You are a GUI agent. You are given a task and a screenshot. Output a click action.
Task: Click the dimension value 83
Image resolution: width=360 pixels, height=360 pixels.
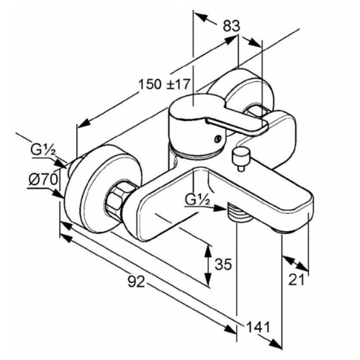tap(231, 26)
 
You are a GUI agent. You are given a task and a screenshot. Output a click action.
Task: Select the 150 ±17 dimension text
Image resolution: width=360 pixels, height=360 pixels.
tap(164, 84)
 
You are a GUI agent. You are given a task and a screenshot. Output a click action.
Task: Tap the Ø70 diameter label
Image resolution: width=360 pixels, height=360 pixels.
tap(43, 179)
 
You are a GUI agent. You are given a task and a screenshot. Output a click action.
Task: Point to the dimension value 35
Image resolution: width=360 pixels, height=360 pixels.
tap(223, 264)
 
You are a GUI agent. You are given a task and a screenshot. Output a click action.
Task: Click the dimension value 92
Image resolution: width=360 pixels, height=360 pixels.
tap(136, 282)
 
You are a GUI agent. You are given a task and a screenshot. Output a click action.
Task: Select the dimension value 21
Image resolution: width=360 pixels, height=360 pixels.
tap(296, 279)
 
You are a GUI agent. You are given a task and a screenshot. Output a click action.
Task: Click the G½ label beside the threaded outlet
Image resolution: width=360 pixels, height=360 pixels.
tap(197, 200)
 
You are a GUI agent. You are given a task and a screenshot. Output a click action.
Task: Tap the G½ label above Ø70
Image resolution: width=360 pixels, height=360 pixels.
tap(43, 151)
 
